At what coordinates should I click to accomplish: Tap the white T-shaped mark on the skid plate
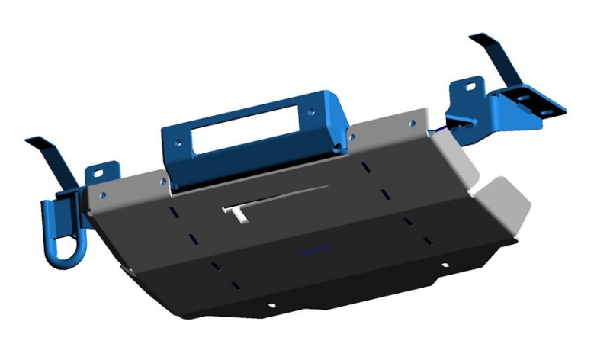click(237, 213)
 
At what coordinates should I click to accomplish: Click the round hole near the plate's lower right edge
click(445, 265)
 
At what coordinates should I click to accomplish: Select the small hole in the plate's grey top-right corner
click(413, 122)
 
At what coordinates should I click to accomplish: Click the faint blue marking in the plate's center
click(316, 249)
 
